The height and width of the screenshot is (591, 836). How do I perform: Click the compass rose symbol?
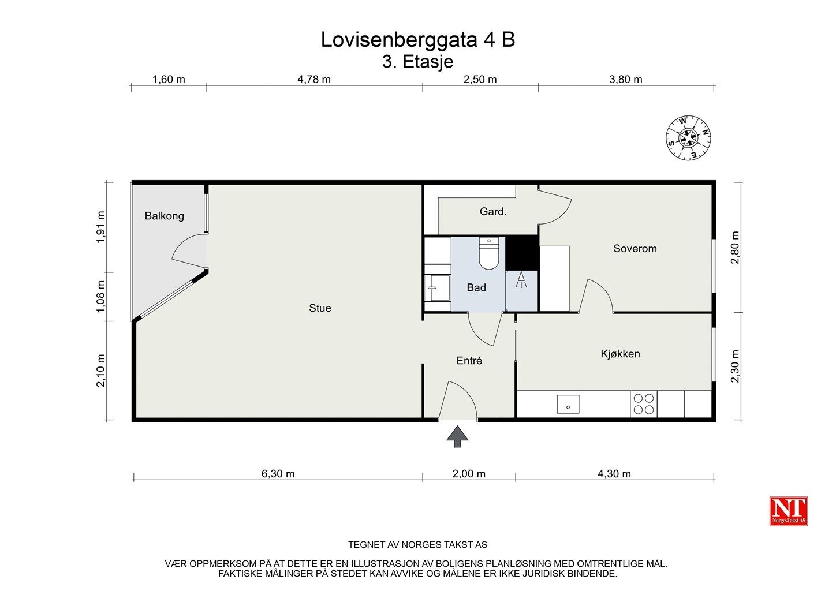tap(688, 138)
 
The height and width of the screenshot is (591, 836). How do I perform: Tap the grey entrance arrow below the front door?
tap(457, 436)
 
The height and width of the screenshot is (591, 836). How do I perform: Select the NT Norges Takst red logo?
tap(788, 511)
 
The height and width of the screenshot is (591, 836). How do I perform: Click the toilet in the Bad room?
tap(488, 253)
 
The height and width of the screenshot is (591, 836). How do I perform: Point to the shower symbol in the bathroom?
tap(521, 280)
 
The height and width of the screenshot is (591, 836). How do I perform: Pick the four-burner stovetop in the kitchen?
tap(644, 404)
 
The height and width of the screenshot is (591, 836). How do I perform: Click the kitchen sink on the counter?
tap(568, 404)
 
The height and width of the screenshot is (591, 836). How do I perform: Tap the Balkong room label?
tap(164, 216)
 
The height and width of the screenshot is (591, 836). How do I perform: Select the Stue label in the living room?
tap(320, 308)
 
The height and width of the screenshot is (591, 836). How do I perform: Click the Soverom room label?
tap(635, 249)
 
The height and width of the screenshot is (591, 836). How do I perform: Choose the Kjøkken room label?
tap(620, 354)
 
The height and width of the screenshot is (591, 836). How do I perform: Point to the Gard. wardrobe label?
tap(493, 212)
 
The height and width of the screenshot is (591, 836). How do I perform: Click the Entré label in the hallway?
tap(469, 360)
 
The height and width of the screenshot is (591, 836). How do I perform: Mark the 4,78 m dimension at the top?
tap(314, 80)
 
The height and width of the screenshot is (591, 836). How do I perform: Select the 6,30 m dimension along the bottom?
tap(278, 474)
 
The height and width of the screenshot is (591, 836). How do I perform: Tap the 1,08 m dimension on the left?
tap(101, 297)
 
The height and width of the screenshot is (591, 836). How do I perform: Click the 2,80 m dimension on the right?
tap(735, 248)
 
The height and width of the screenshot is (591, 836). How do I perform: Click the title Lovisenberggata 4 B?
tap(418, 40)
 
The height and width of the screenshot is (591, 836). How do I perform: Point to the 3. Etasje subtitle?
tap(417, 62)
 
